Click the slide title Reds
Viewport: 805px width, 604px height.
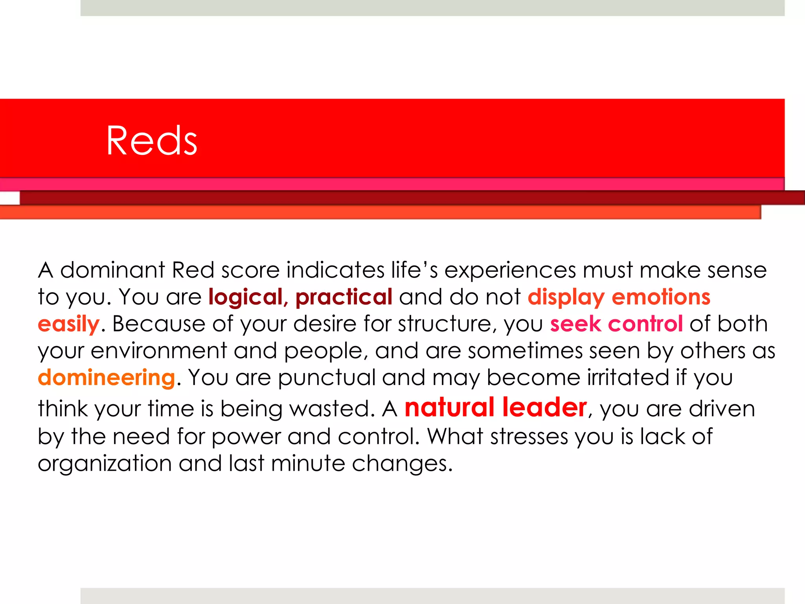(x=151, y=141)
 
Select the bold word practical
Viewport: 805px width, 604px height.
(x=344, y=297)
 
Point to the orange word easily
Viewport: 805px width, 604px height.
(x=68, y=324)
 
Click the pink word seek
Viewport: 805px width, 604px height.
(x=575, y=324)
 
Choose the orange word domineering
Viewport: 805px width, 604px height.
(x=106, y=377)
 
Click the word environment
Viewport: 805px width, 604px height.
(x=159, y=351)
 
